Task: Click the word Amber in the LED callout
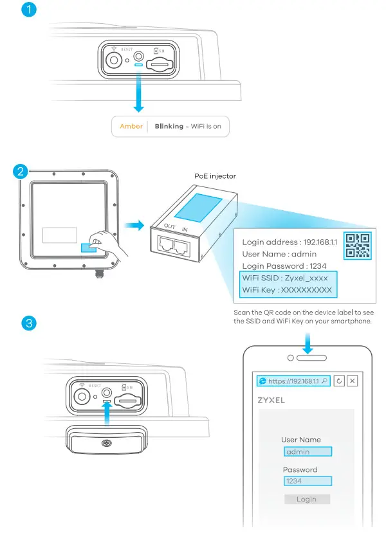[131, 126]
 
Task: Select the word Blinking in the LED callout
[169, 126]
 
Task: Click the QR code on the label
[357, 245]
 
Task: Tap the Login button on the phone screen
[307, 499]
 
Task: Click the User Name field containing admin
[307, 452]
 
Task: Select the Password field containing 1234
[307, 481]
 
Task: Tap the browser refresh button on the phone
[339, 381]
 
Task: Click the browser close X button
[352, 381]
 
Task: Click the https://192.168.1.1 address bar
[293, 381]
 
